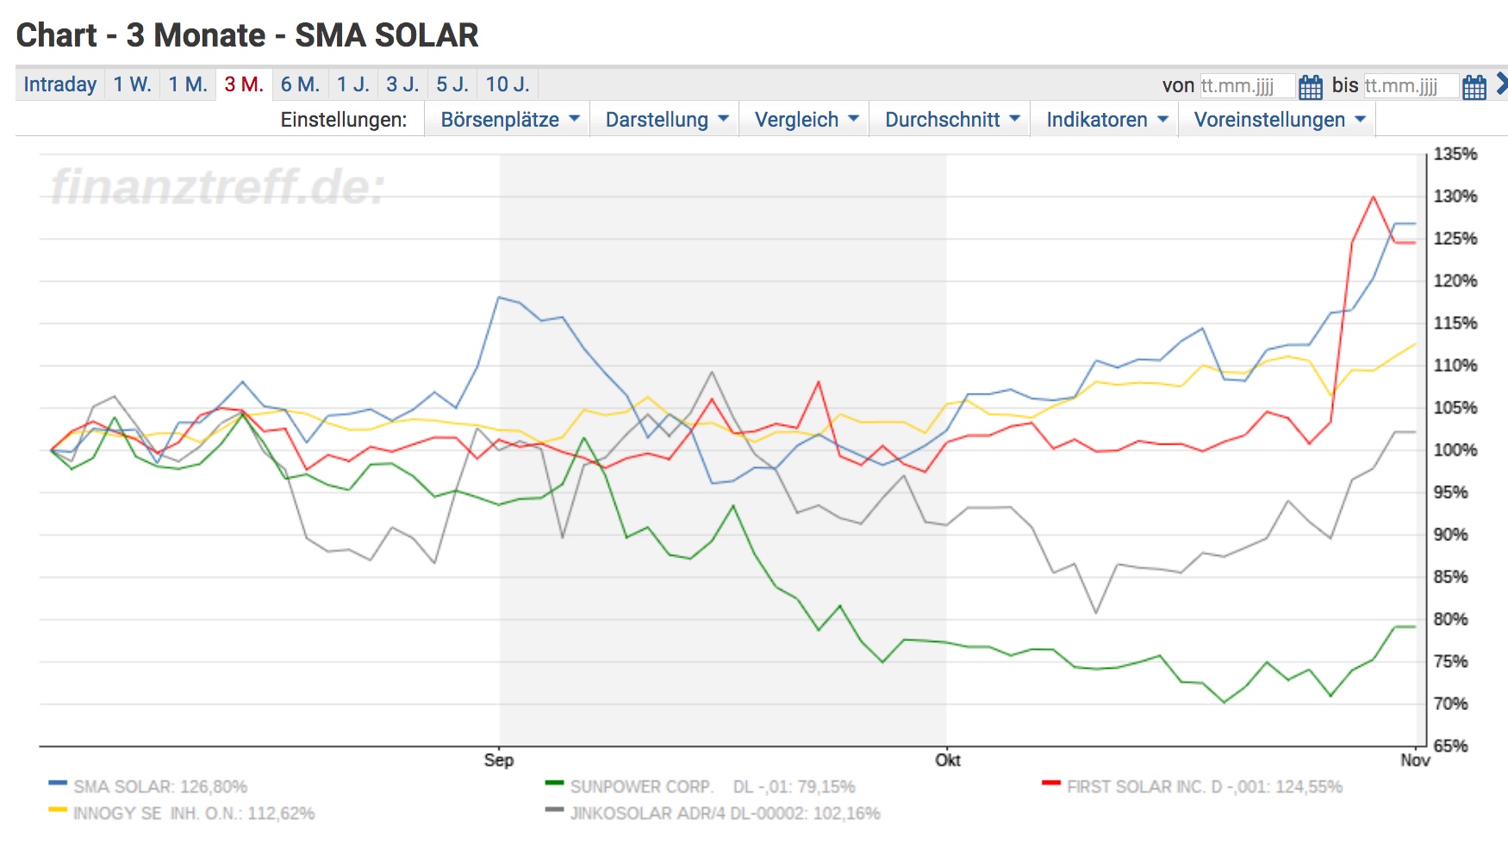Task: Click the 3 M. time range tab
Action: pyautogui.click(x=244, y=84)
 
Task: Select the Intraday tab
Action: pyautogui.click(x=59, y=84)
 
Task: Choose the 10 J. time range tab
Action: pyautogui.click(x=507, y=84)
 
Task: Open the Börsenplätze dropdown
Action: pyautogui.click(x=508, y=120)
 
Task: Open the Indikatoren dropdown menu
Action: pyautogui.click(x=1106, y=120)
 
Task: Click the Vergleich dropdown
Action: pyautogui.click(x=805, y=120)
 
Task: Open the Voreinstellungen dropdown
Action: pyautogui.click(x=1279, y=120)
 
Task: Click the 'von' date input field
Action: pyautogui.click(x=1246, y=86)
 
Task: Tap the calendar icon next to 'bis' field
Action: pyautogui.click(x=1474, y=87)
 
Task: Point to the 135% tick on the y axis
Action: pyautogui.click(x=1455, y=154)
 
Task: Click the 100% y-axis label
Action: pyautogui.click(x=1455, y=450)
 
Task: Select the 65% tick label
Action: pyautogui.click(x=1450, y=746)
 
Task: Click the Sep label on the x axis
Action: pyautogui.click(x=498, y=760)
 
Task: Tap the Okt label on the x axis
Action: pyautogui.click(x=947, y=760)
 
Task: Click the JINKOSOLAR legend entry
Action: pyautogui.click(x=724, y=813)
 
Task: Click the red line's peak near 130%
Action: pyautogui.click(x=1373, y=197)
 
